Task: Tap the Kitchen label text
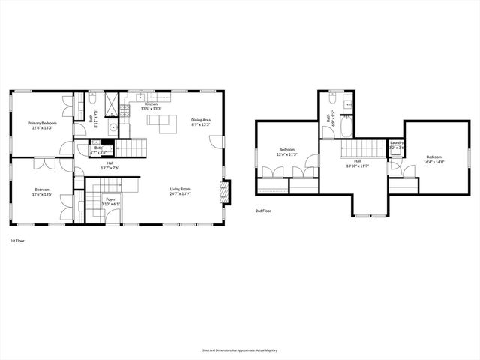coord(151,103)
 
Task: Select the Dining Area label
coord(201,120)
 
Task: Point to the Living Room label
coord(180,189)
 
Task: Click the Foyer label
coord(110,199)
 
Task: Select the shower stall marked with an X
coord(111,103)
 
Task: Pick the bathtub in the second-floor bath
coord(346,128)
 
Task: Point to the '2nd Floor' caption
coord(264,211)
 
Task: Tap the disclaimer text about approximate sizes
coord(239,349)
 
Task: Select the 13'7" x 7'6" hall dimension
coord(109,168)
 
